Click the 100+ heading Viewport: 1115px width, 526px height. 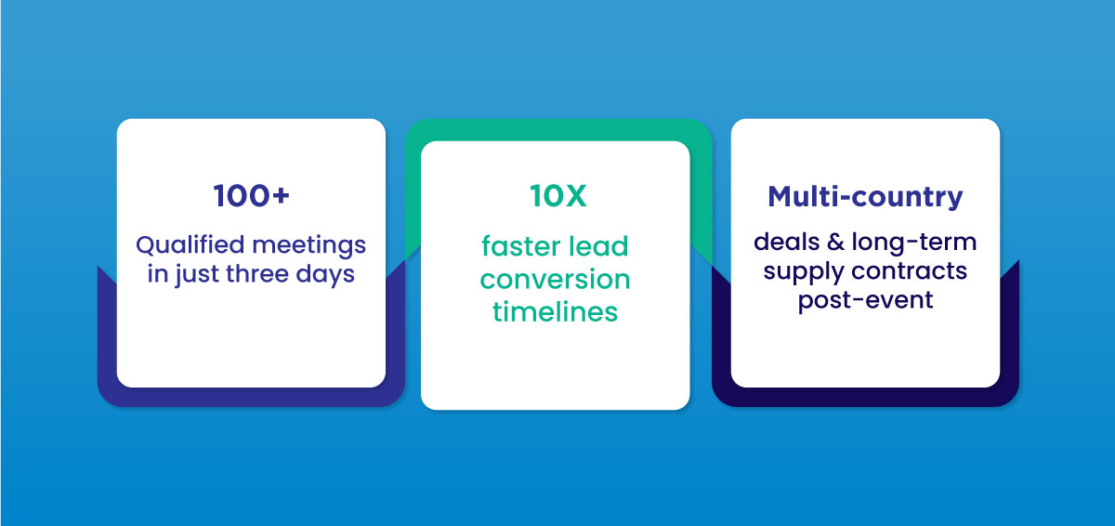251,198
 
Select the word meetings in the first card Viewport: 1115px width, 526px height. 313,246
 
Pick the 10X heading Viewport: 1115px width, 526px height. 555,197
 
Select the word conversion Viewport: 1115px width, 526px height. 555,279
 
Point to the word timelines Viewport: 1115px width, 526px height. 555,311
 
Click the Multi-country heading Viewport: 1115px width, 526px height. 865,197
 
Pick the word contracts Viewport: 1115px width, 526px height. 915,272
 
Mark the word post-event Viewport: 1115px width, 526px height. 865,301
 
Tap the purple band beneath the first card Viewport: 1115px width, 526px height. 251,397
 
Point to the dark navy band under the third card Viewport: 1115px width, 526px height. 865,397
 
